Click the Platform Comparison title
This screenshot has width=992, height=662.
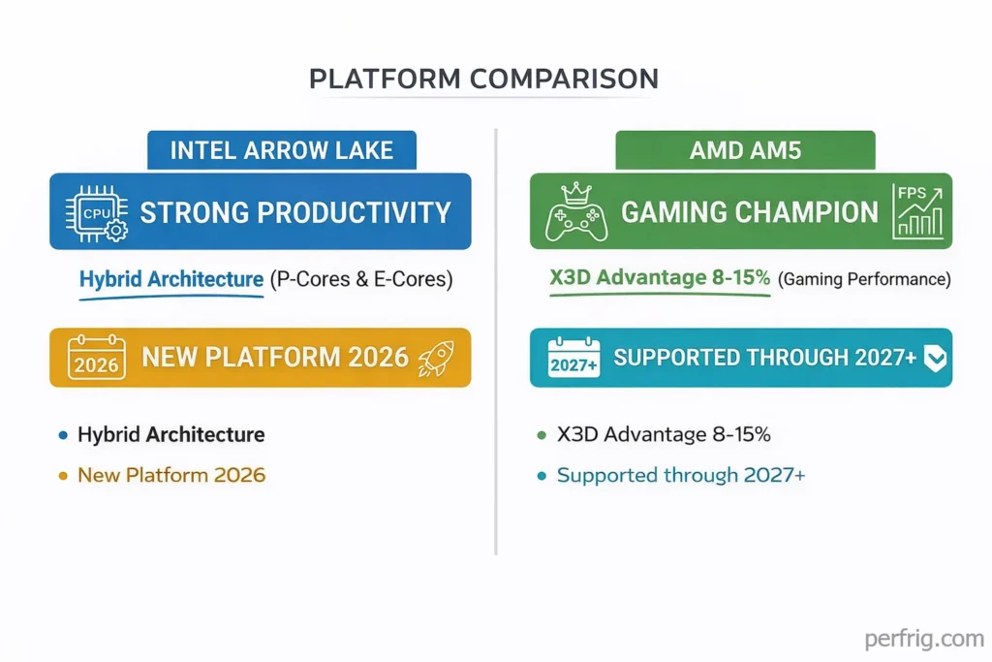pyautogui.click(x=483, y=79)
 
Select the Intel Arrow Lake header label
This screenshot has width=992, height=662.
pyautogui.click(x=282, y=150)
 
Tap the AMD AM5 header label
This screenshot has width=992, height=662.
pyautogui.click(x=745, y=150)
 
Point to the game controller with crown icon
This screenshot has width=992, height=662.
pyautogui.click(x=576, y=212)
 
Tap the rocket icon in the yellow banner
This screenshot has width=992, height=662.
pyautogui.click(x=436, y=358)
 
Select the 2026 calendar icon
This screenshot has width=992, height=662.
pyautogui.click(x=96, y=358)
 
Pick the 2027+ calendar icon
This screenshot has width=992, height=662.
pyautogui.click(x=574, y=358)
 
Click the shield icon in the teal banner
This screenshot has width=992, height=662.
pyautogui.click(x=934, y=359)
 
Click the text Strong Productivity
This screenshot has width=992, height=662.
pyautogui.click(x=295, y=212)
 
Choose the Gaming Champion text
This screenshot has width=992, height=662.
pyautogui.click(x=749, y=212)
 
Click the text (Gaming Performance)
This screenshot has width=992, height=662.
pyautogui.click(x=864, y=280)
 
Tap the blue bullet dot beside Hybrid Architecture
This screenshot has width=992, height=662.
pyautogui.click(x=63, y=435)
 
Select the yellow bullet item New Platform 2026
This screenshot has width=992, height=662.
pyautogui.click(x=170, y=475)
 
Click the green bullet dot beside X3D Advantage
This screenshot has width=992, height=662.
pyautogui.click(x=542, y=435)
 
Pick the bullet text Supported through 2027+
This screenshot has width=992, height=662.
pyautogui.click(x=680, y=475)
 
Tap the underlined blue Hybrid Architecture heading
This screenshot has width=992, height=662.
pyautogui.click(x=170, y=279)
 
